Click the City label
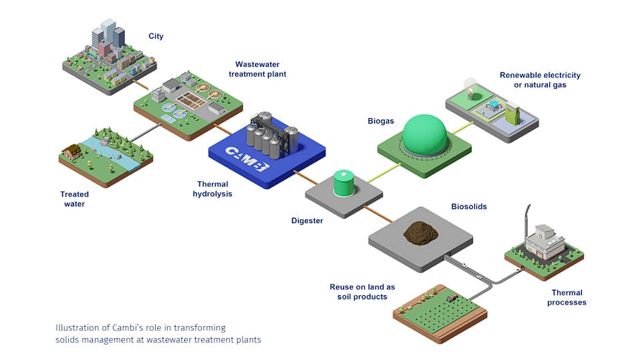(156, 36)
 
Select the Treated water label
(74, 199)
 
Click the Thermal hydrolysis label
(212, 188)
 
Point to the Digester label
(307, 220)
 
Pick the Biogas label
(381, 122)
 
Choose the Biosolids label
(468, 206)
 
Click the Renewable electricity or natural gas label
(540, 80)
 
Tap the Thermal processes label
(567, 297)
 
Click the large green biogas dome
(429, 136)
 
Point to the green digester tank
(344, 182)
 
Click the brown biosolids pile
(420, 232)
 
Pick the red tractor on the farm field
(452, 298)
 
